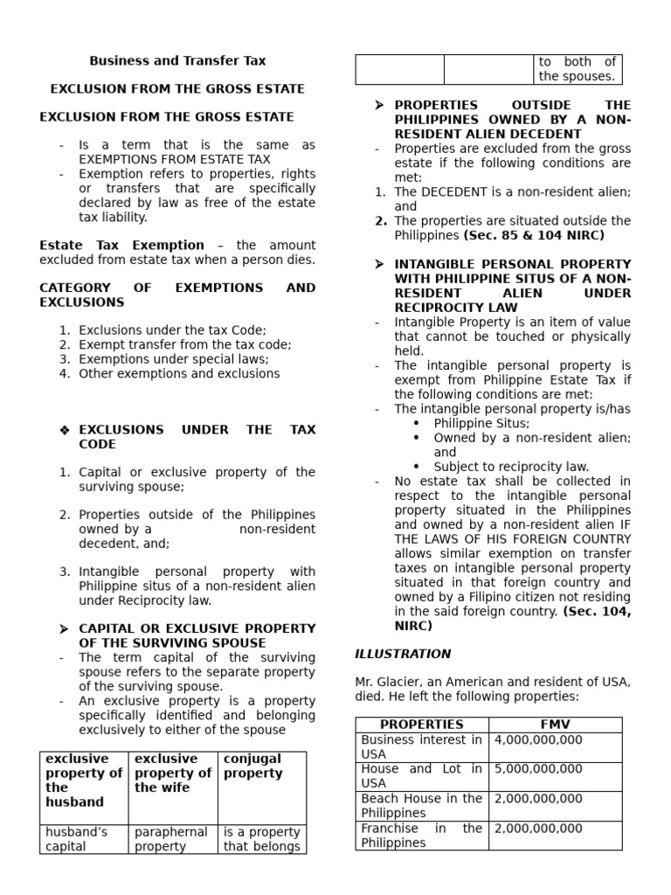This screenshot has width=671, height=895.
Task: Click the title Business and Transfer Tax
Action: click(x=177, y=61)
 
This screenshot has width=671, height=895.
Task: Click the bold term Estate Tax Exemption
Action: click(x=121, y=246)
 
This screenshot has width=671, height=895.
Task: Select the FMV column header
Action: click(x=555, y=725)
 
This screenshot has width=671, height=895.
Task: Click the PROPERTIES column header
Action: click(x=422, y=725)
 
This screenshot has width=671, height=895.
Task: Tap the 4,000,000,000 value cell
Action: click(x=538, y=740)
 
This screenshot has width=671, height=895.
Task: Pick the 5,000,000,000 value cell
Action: click(x=538, y=770)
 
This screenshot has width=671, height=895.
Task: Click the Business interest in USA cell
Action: click(x=421, y=747)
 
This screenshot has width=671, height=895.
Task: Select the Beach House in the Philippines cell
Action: click(x=421, y=806)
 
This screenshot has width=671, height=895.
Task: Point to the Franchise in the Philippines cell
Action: click(x=421, y=836)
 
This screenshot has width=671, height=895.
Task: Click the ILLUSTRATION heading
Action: click(x=403, y=654)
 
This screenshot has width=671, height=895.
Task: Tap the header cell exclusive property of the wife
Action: click(x=172, y=774)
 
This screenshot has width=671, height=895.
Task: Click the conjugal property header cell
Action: click(x=253, y=767)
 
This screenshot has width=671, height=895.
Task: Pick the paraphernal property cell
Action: click(x=171, y=839)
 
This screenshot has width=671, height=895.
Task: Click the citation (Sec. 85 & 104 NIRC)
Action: click(x=534, y=235)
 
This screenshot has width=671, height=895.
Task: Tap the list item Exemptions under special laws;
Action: click(x=174, y=359)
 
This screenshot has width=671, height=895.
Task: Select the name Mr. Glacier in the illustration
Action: click(x=385, y=682)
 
